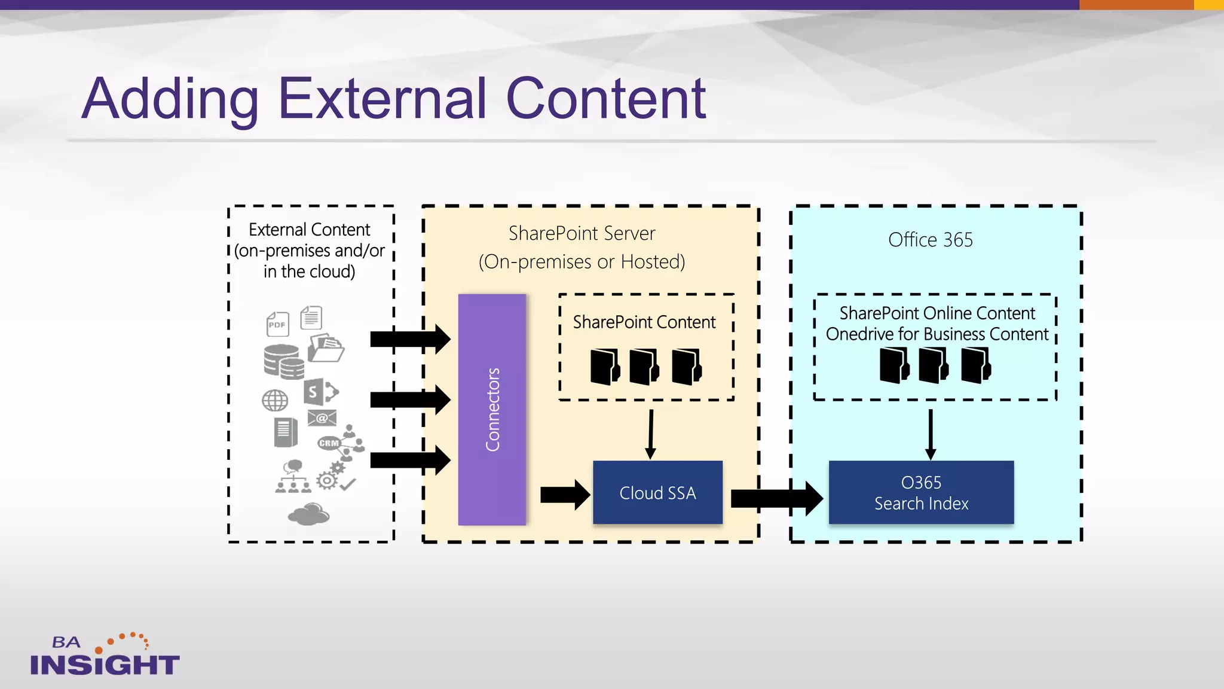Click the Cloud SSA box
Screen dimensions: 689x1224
click(657, 492)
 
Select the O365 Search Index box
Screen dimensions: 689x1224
click(921, 492)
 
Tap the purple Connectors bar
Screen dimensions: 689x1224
click(492, 410)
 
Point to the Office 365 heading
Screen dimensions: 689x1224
click(930, 240)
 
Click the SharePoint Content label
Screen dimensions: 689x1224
click(644, 322)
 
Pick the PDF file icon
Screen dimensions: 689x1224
click(277, 324)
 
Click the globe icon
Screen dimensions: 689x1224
click(275, 400)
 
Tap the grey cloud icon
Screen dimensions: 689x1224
click(309, 514)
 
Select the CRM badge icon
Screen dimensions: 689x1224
click(328, 443)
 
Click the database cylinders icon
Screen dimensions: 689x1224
click(283, 361)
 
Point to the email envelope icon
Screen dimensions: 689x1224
click(322, 417)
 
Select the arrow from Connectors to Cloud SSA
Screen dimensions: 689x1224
click(564, 495)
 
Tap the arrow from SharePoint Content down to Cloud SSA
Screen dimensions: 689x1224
click(651, 434)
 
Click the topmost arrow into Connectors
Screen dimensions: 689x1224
click(409, 339)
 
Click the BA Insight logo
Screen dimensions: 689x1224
click(104, 656)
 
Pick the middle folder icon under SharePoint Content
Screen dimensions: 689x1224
click(644, 366)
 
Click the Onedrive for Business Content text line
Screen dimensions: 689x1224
click(937, 334)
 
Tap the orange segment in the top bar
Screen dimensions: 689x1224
click(1136, 5)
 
